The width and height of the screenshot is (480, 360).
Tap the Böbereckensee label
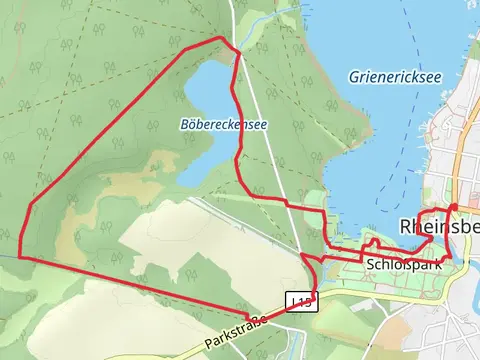(x=224, y=125)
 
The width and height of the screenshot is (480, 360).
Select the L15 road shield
(x=301, y=301)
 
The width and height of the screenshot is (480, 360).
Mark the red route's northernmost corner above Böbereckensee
(x=221, y=38)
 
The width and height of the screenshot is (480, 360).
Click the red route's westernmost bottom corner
(x=19, y=256)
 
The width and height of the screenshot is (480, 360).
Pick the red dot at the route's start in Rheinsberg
(x=453, y=207)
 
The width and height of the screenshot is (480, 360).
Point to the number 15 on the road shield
(x=304, y=301)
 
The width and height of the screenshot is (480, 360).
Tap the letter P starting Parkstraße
(x=208, y=345)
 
